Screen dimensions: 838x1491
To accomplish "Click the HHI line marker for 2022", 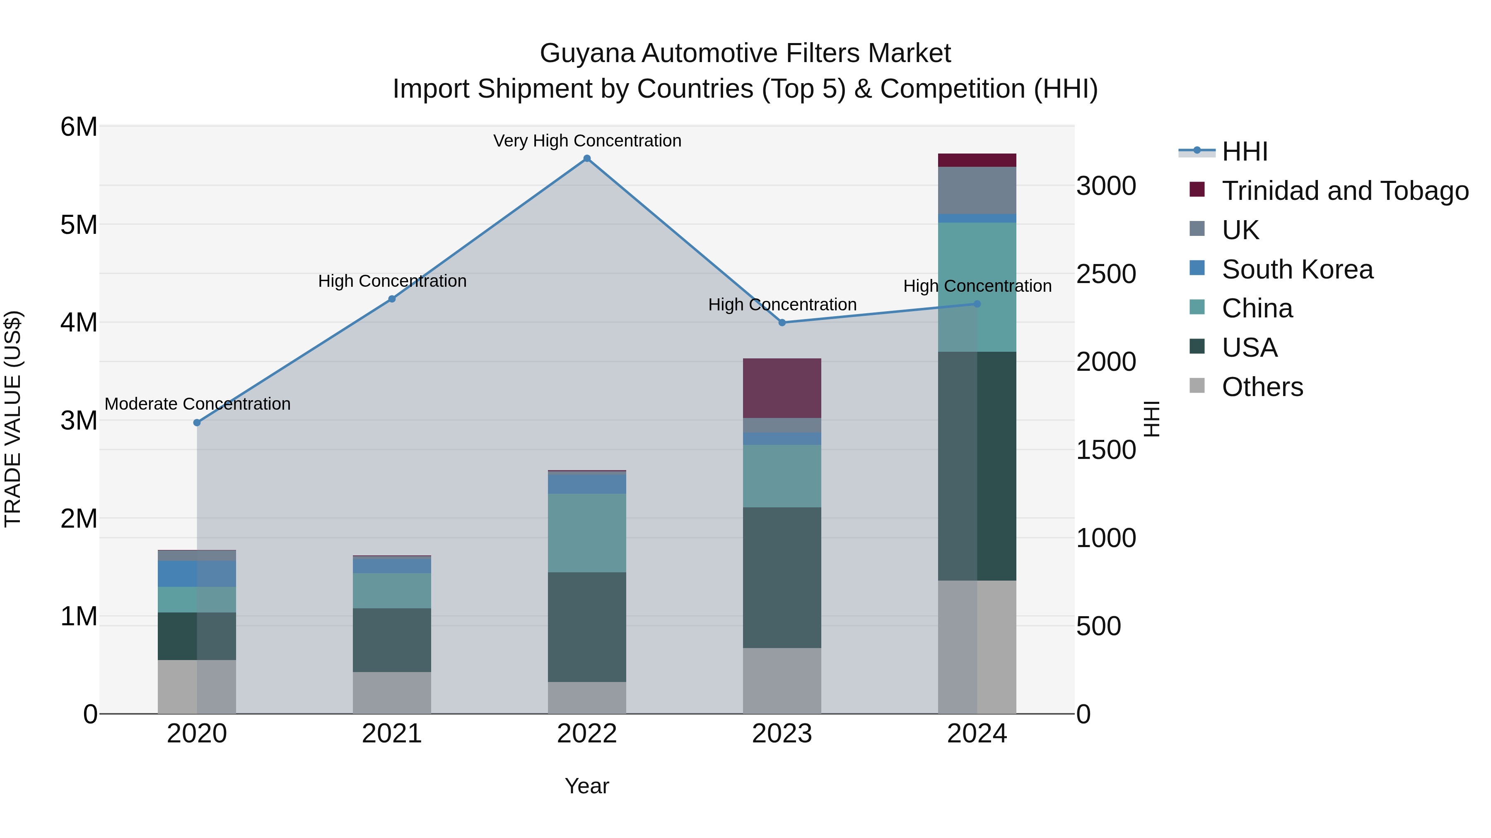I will [x=587, y=158].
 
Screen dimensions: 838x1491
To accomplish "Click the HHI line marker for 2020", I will [x=197, y=423].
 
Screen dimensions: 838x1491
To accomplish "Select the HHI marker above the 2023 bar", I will [x=782, y=323].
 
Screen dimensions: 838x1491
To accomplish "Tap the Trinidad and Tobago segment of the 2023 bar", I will [x=782, y=388].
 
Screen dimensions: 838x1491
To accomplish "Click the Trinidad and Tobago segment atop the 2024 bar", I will [x=977, y=160].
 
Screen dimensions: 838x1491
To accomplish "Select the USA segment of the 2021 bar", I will [x=392, y=640].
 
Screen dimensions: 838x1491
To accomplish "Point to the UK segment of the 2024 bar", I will [x=977, y=190].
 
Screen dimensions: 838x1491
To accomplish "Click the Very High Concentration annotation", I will [x=587, y=141].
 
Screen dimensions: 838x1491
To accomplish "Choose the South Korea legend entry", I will [x=1296, y=269].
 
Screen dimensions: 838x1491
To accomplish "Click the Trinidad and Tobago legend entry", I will [x=1344, y=191].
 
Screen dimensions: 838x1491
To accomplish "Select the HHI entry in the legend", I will [x=1245, y=151].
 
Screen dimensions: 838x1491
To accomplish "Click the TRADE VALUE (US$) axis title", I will [x=13, y=419].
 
